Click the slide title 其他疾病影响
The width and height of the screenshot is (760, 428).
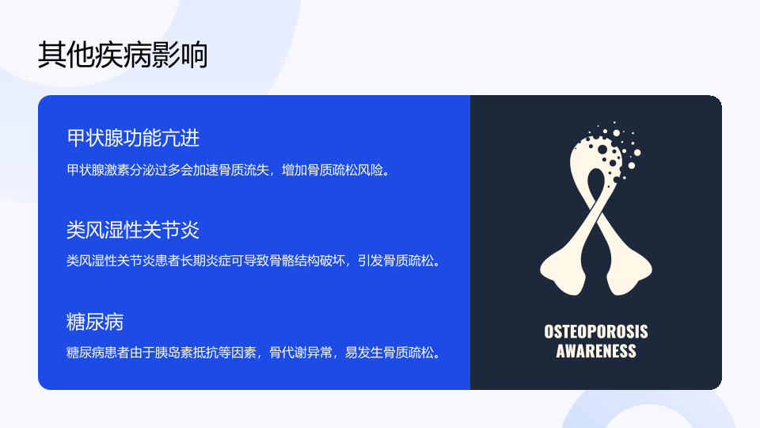123,55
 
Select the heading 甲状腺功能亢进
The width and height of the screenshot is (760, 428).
133,138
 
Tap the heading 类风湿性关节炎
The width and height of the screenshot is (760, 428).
133,230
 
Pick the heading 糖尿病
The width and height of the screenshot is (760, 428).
95,322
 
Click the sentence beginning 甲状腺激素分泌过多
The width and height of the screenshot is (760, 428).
229,170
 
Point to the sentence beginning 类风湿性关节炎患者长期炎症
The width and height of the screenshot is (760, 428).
254,261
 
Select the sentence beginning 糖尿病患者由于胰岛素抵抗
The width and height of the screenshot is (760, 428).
254,352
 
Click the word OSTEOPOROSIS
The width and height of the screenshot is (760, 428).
595,332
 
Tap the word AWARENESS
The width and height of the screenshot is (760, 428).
595,351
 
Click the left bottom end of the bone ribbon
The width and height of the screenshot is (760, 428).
562,279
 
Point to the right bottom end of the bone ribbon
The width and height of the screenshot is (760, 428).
629,279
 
